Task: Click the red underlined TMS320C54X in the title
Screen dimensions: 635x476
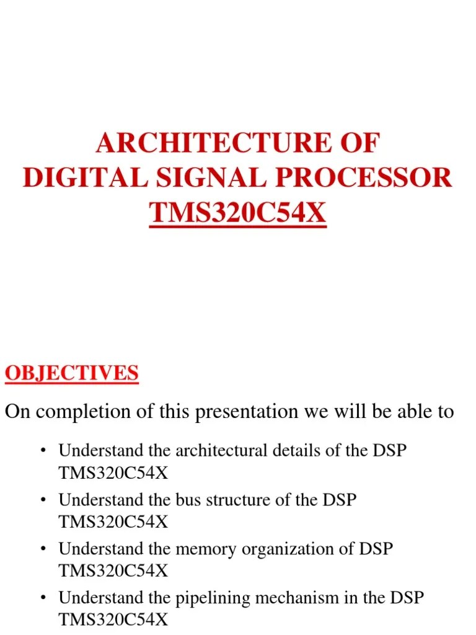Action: (237, 213)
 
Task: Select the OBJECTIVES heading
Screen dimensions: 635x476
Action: (72, 373)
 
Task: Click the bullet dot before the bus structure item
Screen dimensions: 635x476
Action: (43, 500)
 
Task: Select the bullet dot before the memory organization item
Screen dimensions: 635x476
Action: (43, 549)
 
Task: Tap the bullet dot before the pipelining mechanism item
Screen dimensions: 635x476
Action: (43, 599)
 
